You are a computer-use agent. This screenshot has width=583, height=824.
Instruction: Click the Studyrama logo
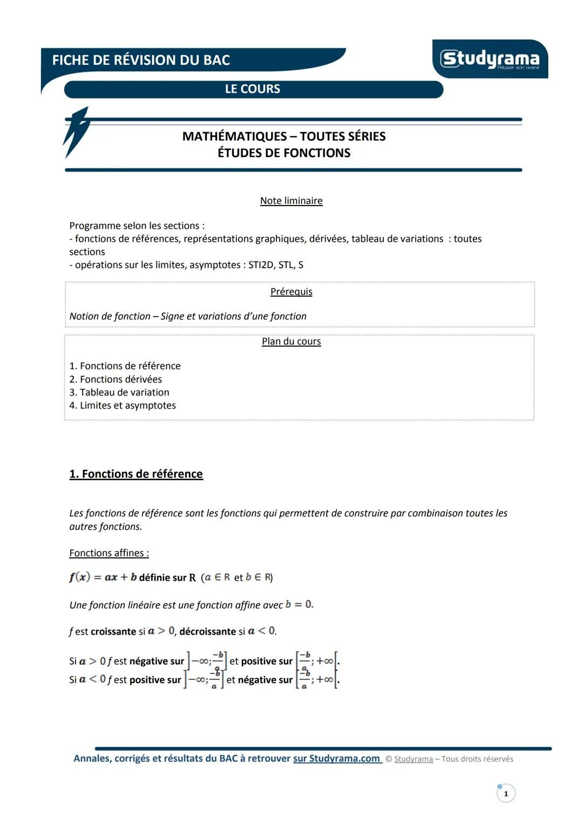[490, 59]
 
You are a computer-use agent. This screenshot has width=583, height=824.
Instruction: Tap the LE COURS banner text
[253, 89]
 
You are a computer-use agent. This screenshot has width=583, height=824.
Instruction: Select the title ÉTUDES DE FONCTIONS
[284, 153]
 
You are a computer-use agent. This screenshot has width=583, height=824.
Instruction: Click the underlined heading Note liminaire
[291, 201]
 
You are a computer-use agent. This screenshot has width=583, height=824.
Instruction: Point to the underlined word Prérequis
[291, 292]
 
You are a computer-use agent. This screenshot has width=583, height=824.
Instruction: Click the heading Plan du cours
[291, 342]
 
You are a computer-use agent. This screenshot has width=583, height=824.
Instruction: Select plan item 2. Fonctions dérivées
[116, 379]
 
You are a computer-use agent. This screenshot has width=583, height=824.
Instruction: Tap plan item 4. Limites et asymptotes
[123, 405]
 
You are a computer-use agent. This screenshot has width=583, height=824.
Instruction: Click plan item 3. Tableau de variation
[119, 392]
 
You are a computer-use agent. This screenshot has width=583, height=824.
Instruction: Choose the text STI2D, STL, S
[276, 265]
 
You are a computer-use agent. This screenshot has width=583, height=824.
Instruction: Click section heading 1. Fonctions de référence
[136, 474]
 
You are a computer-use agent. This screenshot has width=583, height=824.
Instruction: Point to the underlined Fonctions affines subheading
[109, 553]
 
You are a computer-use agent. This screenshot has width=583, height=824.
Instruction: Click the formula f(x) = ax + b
[103, 577]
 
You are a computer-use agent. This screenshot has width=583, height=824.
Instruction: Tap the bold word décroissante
[208, 631]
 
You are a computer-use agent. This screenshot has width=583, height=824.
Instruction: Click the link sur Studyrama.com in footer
[337, 759]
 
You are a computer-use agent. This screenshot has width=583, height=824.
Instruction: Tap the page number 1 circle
[506, 794]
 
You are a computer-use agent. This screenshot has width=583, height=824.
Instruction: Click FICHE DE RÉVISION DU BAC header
[141, 60]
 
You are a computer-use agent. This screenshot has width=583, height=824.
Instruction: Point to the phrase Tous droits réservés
[477, 759]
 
